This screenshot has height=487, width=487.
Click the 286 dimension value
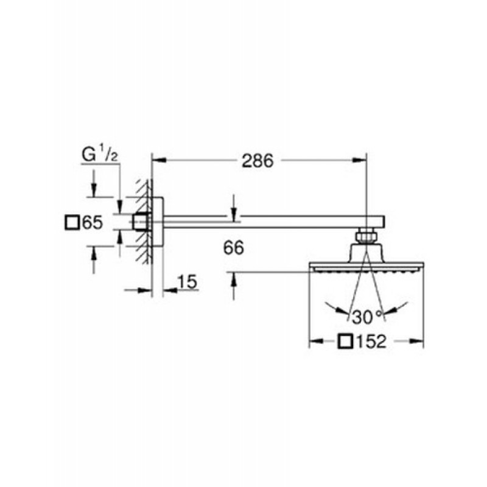tap(258, 161)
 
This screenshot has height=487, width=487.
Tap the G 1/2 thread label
tap(100, 155)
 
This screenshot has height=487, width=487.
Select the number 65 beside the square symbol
tap(93, 223)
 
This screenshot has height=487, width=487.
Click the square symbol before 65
tap(72, 223)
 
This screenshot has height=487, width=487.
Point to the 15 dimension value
tap(187, 282)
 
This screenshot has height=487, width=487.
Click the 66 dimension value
tap(234, 248)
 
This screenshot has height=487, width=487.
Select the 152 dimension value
tap(371, 342)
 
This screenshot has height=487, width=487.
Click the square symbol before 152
tap(345, 342)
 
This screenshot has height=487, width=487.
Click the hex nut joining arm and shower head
tap(366, 237)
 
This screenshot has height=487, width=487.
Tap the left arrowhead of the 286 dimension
tap(159, 160)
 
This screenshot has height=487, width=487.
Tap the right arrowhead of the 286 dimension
tap(359, 160)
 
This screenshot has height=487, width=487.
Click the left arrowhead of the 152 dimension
tap(317, 342)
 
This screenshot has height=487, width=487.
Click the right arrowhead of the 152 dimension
tap(416, 342)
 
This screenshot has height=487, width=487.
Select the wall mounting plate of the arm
tap(158, 222)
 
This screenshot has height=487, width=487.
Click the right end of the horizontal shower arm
tap(385, 222)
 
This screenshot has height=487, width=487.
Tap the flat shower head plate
tap(366, 267)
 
